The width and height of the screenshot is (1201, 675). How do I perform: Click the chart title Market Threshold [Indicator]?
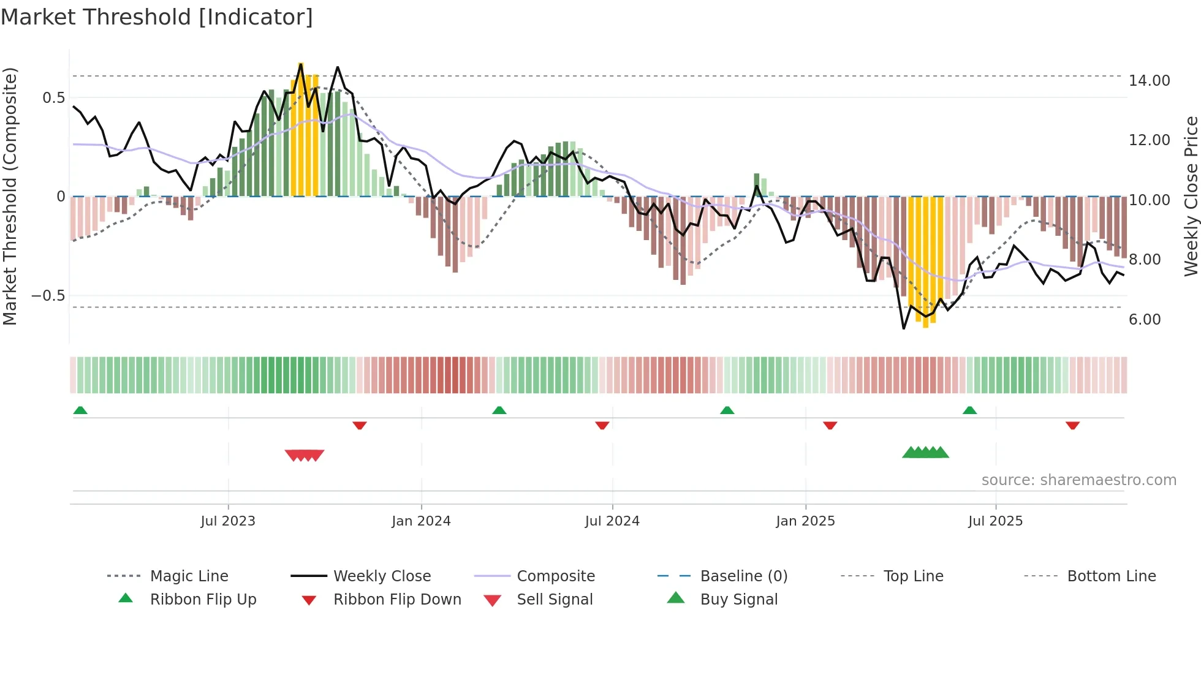pos(157,17)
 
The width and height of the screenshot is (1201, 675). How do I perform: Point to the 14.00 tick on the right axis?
pos(1149,81)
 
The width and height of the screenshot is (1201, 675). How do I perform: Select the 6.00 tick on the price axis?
pos(1144,320)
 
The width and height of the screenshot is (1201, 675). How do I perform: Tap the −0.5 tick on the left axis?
pos(48,296)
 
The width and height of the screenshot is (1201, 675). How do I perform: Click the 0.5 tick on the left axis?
pos(53,98)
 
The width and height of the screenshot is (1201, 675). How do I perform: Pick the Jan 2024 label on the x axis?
pos(421,521)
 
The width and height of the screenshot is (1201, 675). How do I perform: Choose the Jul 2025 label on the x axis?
pos(995,521)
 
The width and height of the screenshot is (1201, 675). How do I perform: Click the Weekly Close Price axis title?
pos(1191,196)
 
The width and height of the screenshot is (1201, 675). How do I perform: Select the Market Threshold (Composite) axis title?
pos(10,196)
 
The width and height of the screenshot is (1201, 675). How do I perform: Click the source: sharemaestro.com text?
pos(1078,480)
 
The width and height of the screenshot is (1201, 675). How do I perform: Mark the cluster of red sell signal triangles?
pos(305,455)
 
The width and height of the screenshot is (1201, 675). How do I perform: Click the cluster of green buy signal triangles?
pos(925,453)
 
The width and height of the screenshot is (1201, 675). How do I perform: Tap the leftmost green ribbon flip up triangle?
pos(80,410)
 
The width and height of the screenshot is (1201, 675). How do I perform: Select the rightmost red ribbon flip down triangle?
pos(1072,425)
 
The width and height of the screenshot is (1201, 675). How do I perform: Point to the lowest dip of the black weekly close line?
pos(903,328)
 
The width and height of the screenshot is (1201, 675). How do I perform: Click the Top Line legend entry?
pos(913,576)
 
